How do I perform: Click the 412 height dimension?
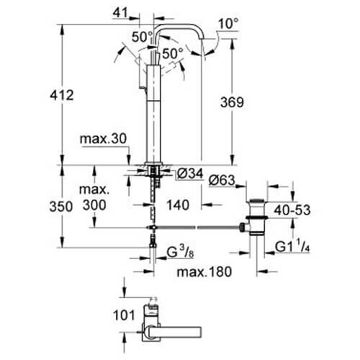62,95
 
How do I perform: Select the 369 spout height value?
232,102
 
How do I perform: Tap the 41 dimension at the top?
120,12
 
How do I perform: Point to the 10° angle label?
228,24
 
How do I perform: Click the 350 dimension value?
61,207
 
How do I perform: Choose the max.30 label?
103,139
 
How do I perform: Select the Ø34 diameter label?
190,174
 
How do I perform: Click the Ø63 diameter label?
222,180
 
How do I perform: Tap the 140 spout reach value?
178,205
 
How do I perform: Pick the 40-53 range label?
292,210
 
